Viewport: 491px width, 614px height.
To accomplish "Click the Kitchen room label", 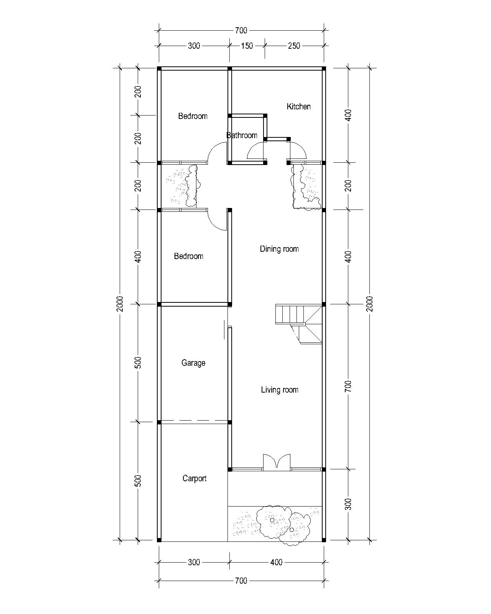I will coord(298,106).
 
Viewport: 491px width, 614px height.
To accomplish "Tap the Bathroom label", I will coord(242,135).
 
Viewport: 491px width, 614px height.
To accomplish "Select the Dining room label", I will coord(279,249).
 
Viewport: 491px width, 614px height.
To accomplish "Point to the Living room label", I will coord(279,390).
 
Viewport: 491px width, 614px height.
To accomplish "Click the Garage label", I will coord(193,363).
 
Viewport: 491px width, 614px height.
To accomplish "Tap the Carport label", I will coord(194,478).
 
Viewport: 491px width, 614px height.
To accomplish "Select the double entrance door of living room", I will coord(277,462).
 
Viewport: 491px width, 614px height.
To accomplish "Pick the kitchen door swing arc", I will coord(298,150).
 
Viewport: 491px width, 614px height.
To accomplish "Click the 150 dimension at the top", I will coord(247,46).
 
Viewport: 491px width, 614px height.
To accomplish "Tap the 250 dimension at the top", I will coord(293,46).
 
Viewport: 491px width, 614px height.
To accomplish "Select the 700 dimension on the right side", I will coord(348,386).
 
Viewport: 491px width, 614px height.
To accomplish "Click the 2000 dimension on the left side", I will coord(120,304).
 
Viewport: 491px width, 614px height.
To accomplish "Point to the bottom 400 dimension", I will coord(276,562).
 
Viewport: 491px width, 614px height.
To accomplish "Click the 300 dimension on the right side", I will coord(348,504).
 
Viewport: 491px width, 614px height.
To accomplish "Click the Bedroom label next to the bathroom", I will coord(193,116).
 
